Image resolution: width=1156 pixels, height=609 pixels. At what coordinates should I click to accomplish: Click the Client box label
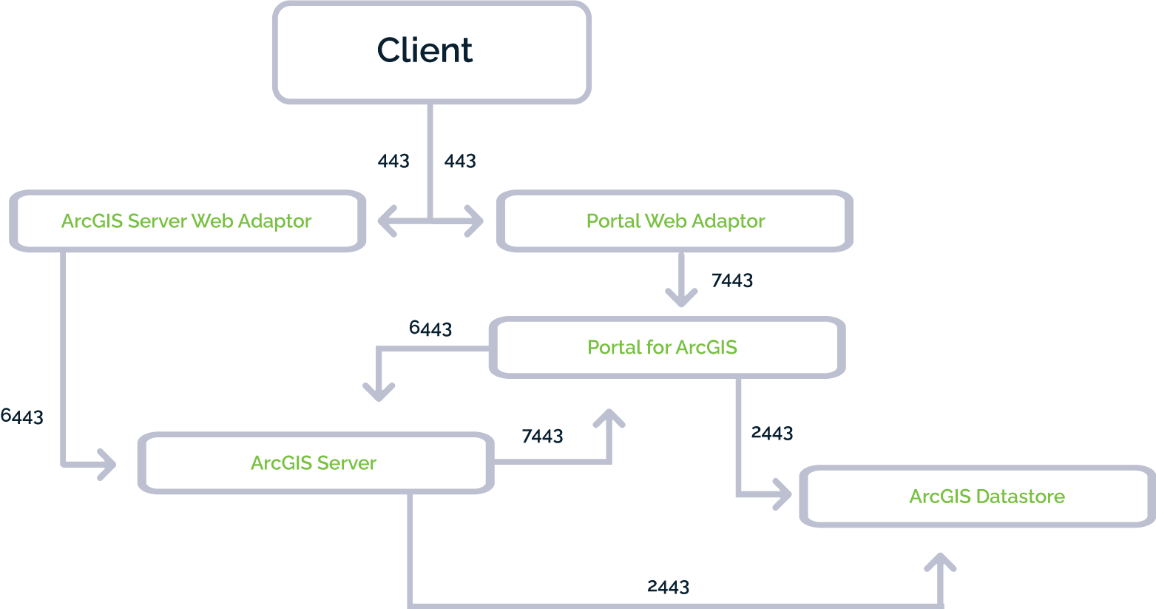pos(425,50)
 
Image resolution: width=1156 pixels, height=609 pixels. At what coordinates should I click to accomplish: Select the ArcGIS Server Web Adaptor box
pos(186,221)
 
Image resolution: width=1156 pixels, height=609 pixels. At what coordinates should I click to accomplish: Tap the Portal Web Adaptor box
pos(675,221)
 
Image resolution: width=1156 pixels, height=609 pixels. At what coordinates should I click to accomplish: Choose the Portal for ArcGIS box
pos(662,347)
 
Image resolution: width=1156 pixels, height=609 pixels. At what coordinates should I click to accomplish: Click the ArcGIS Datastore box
pos(986,497)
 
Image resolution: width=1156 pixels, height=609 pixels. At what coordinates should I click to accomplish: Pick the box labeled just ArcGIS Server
pos(314,463)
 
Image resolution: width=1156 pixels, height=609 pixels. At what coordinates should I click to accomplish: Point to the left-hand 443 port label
pos(393,161)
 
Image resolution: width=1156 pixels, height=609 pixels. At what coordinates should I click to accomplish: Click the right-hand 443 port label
pos(460,161)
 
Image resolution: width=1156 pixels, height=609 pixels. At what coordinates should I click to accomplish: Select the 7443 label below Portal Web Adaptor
pos(732,280)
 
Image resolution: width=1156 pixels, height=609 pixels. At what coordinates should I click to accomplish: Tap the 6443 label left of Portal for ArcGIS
pos(430,328)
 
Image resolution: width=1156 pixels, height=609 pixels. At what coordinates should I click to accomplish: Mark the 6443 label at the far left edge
pos(21,417)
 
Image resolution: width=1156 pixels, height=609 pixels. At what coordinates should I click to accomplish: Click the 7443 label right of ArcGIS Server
pos(542,437)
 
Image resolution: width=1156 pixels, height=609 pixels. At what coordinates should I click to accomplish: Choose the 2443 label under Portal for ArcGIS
pos(772,433)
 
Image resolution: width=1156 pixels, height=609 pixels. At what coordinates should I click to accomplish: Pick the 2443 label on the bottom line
pos(668,587)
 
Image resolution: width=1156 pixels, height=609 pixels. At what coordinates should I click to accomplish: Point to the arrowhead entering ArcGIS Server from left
pos(108,465)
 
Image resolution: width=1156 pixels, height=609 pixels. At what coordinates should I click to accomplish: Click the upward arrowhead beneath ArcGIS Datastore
pos(940,562)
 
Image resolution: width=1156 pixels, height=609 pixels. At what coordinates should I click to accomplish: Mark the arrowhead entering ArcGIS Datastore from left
pos(783,495)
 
